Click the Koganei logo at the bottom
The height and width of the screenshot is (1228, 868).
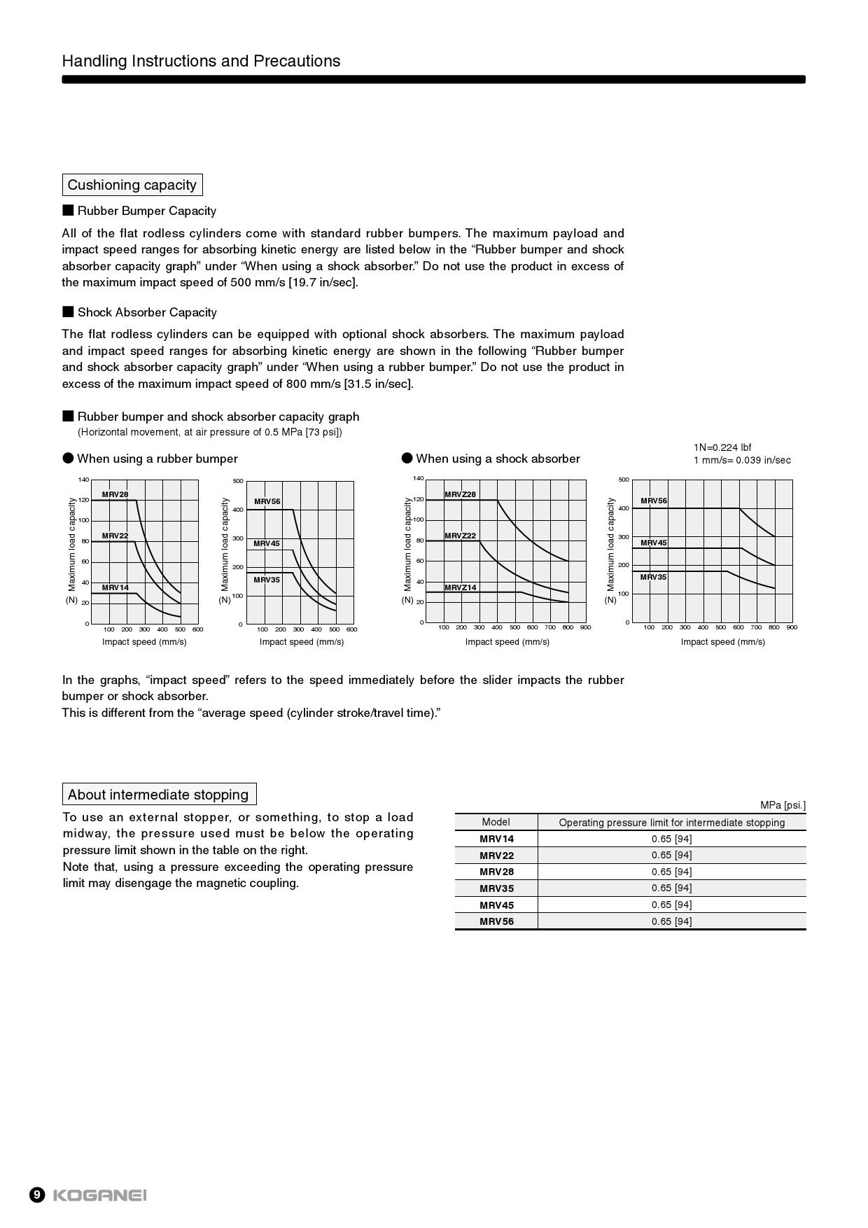pyautogui.click(x=99, y=1195)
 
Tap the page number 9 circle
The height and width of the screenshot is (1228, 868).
pyautogui.click(x=37, y=1195)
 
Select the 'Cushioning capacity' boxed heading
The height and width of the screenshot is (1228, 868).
pyautogui.click(x=132, y=185)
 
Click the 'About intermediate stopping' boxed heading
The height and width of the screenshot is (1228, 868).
pyautogui.click(x=159, y=795)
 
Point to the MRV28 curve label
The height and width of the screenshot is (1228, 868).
pyautogui.click(x=115, y=494)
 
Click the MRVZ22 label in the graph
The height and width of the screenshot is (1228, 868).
pyautogui.click(x=460, y=536)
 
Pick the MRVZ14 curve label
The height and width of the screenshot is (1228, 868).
pyautogui.click(x=460, y=587)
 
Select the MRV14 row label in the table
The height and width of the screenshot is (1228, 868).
pyautogui.click(x=496, y=839)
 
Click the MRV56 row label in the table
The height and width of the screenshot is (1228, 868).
pyautogui.click(x=496, y=921)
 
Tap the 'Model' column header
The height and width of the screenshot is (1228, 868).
pyautogui.click(x=496, y=822)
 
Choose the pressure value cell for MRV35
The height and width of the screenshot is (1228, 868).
pyautogui.click(x=671, y=888)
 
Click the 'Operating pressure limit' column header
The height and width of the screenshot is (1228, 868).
pyautogui.click(x=671, y=823)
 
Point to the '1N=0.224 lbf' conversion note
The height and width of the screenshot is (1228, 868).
pyautogui.click(x=722, y=447)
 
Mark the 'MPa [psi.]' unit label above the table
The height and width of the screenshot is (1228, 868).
pyautogui.click(x=783, y=805)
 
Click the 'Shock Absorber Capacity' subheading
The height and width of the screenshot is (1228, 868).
pyautogui.click(x=147, y=312)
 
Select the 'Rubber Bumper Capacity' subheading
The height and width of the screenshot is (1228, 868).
pyautogui.click(x=146, y=211)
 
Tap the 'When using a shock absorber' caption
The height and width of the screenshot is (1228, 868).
pyautogui.click(x=498, y=459)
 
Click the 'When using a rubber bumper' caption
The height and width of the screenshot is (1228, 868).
pyautogui.click(x=157, y=459)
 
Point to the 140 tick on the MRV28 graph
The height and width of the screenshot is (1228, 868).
pyautogui.click(x=83, y=480)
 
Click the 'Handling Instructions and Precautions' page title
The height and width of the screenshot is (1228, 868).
pyautogui.click(x=201, y=61)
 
